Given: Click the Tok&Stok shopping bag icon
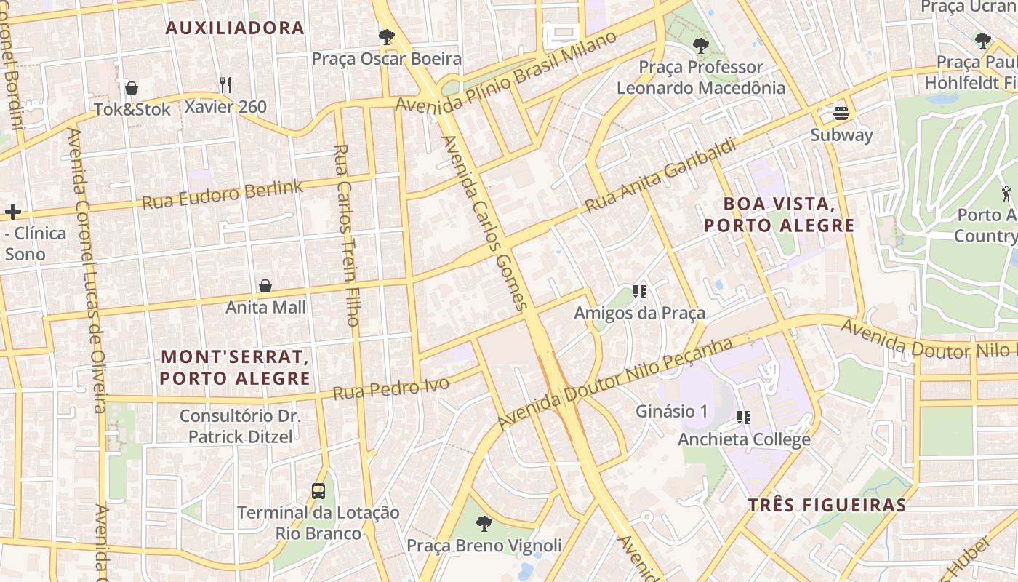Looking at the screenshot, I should [x=132, y=88].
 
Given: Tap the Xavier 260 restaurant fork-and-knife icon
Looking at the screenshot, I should [x=225, y=85].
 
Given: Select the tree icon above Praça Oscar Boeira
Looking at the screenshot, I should [x=387, y=36].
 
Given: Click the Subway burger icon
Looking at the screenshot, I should [x=841, y=113].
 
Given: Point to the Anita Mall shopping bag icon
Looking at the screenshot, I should [x=265, y=286].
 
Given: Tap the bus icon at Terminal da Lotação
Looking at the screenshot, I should [x=318, y=490].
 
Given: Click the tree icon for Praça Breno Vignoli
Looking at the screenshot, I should [x=484, y=523].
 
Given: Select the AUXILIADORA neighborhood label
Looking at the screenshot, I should [x=235, y=28].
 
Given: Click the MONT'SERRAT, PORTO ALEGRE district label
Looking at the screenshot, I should [x=235, y=367].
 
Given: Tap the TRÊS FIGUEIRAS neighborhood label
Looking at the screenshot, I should [x=827, y=506].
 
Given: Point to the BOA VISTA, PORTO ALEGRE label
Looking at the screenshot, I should [x=779, y=215].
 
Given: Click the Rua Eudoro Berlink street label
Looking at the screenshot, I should [x=222, y=194].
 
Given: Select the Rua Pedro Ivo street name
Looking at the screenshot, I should [x=390, y=388].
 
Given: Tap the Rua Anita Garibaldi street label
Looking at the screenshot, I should [x=660, y=175].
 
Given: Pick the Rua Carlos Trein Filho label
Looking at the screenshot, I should [x=347, y=234].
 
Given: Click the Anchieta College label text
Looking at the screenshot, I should [x=744, y=439].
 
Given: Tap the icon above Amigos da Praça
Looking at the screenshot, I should [x=640, y=292].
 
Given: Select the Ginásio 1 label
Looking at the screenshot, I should [x=671, y=411].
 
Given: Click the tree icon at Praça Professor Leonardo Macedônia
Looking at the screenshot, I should [x=700, y=46].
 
